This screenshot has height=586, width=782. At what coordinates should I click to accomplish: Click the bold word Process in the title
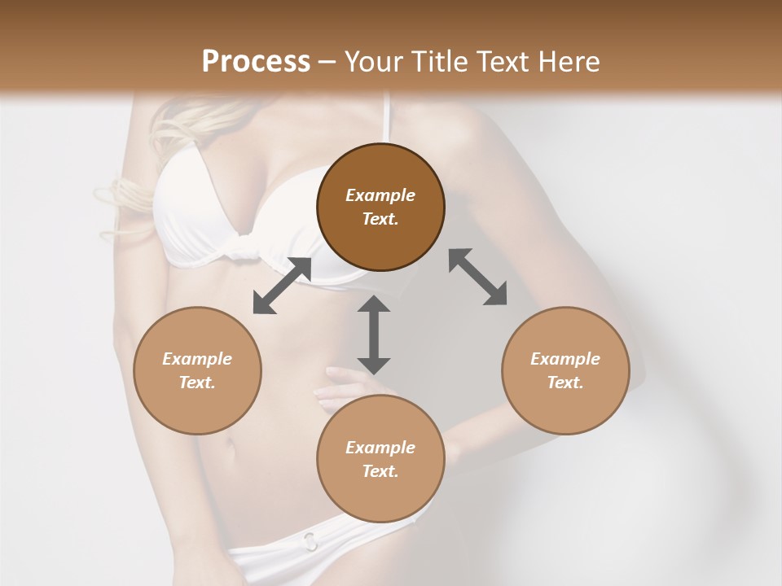(x=256, y=62)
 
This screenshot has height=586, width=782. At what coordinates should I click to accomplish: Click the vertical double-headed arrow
(x=374, y=335)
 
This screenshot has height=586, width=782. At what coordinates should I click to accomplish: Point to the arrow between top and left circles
(x=282, y=286)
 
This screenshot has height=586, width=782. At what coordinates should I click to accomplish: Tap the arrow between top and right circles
(x=477, y=277)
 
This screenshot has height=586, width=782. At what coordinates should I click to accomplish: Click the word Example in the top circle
(x=380, y=195)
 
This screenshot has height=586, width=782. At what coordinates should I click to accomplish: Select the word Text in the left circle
(x=197, y=383)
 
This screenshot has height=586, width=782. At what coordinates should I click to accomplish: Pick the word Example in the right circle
(x=565, y=359)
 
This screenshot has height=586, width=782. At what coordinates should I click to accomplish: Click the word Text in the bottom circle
(x=380, y=471)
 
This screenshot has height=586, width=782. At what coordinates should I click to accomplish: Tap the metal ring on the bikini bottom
(x=310, y=540)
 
